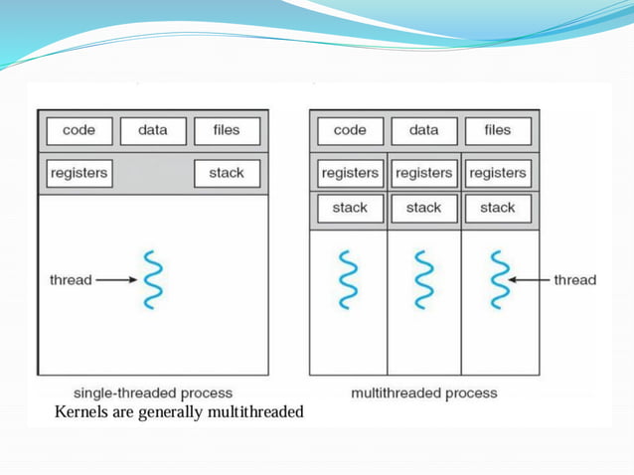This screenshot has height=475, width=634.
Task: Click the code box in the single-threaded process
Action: (x=79, y=131)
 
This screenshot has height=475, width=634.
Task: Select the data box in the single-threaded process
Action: (x=152, y=131)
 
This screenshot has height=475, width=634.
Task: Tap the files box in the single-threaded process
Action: (x=227, y=131)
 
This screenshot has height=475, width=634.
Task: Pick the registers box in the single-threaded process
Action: (x=79, y=173)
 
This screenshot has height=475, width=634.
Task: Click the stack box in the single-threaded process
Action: (x=227, y=173)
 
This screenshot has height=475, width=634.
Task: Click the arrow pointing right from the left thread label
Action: (x=117, y=280)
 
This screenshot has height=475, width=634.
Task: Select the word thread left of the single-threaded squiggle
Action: (x=71, y=280)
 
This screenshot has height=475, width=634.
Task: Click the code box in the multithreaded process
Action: (x=350, y=131)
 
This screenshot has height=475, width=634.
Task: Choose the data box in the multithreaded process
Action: (x=423, y=131)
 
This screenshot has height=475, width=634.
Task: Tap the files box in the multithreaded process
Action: (x=497, y=131)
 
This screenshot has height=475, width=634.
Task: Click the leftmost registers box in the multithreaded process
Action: (x=350, y=173)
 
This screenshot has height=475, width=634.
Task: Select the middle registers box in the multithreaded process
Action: (x=423, y=173)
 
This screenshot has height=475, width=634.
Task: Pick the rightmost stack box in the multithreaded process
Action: (x=497, y=209)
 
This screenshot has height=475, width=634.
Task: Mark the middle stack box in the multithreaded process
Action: (x=423, y=209)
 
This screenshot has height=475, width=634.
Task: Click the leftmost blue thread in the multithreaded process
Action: (x=349, y=279)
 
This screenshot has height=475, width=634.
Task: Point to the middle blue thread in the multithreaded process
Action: (x=423, y=279)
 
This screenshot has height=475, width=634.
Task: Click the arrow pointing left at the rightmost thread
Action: (x=529, y=280)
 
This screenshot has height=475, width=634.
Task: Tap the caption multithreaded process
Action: (x=424, y=393)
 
